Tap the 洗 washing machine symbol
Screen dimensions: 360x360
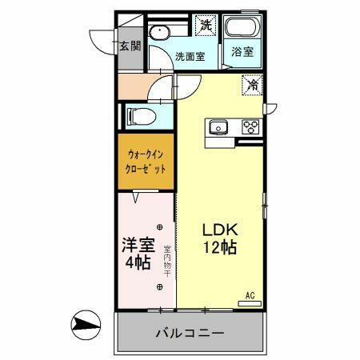(206, 25)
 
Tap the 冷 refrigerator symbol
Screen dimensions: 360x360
(253, 83)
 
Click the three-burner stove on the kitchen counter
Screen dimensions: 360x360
(250, 126)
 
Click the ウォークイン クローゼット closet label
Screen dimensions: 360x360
(146, 162)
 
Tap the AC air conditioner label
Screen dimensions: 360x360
(250, 295)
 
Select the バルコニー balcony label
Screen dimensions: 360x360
(190, 333)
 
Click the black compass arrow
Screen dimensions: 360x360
(84, 325)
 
